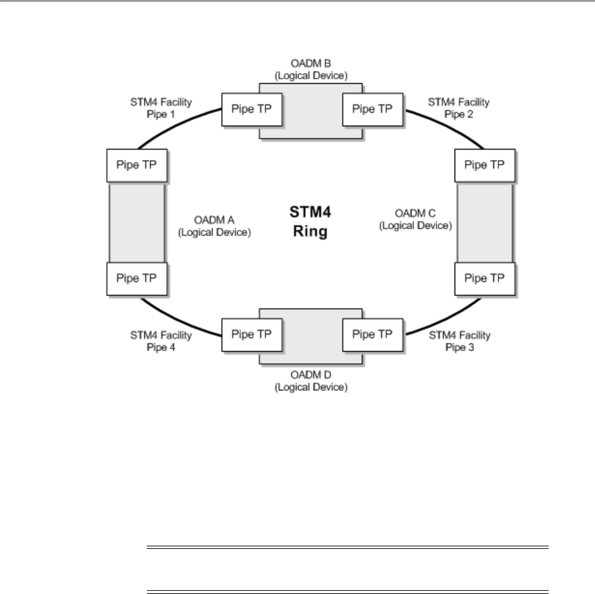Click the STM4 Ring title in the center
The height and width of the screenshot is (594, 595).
click(x=308, y=222)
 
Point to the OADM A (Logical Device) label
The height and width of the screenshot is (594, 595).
click(x=214, y=226)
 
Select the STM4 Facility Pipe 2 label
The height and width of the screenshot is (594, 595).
click(x=459, y=107)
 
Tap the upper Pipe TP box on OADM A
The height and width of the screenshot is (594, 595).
click(x=136, y=165)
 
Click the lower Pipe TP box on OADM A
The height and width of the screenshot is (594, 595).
click(x=136, y=279)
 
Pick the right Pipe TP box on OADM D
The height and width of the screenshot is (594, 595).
click(x=372, y=334)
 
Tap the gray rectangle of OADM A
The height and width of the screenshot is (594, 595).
click(x=136, y=222)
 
